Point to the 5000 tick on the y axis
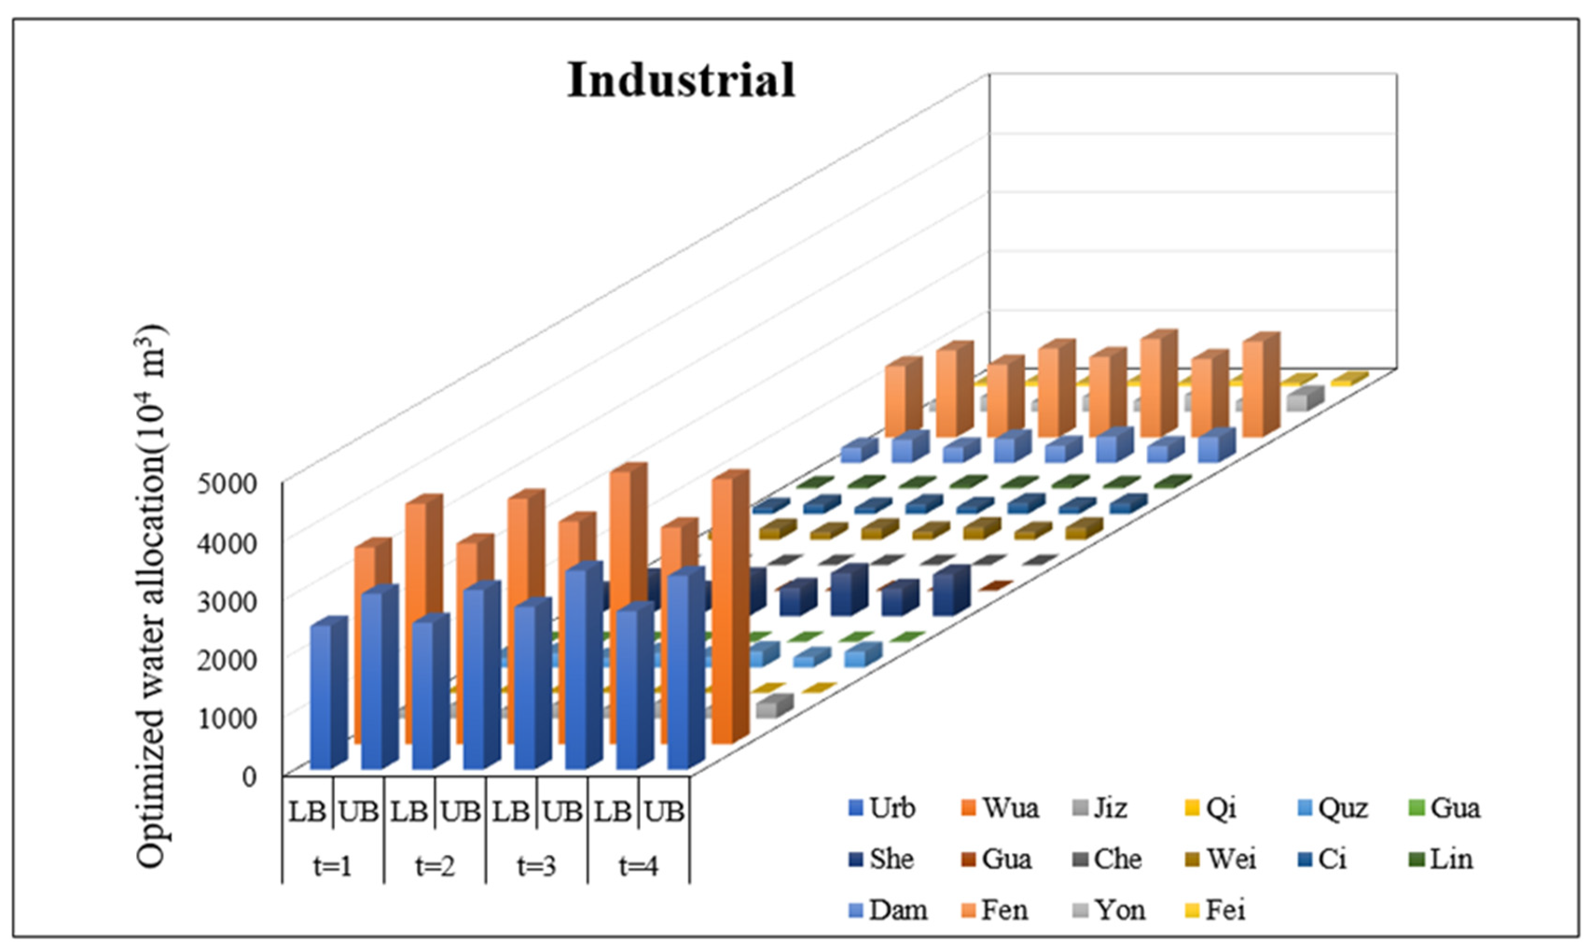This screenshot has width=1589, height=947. (226, 484)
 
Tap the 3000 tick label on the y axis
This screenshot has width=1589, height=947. (226, 601)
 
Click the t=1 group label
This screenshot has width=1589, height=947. (333, 866)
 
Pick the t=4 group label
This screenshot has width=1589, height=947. (638, 866)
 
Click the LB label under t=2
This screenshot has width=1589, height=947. (409, 812)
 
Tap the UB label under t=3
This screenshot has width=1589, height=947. (562, 812)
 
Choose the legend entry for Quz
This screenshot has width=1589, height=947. (1333, 808)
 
